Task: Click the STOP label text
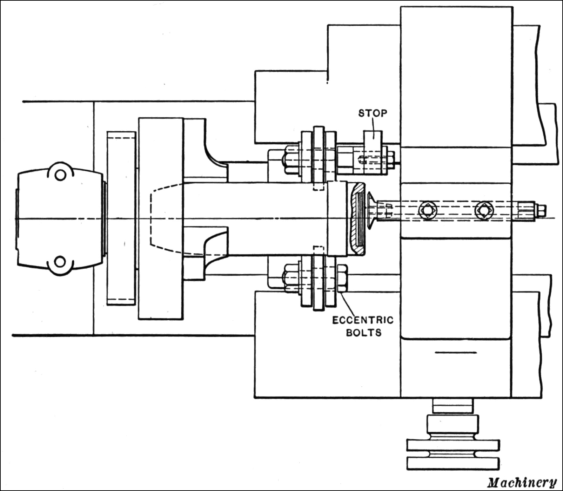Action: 373,113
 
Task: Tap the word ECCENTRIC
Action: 363,320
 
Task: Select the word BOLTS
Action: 363,332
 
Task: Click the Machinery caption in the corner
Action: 522,482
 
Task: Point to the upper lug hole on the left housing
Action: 60,175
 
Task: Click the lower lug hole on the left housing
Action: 60,262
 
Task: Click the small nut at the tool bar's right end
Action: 541,210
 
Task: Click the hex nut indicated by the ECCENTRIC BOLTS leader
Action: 342,278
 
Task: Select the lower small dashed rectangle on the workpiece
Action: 318,250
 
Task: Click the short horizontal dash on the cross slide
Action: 456,352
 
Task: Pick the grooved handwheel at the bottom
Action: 453,453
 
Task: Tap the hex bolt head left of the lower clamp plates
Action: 290,278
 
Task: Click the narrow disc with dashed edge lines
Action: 121,218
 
